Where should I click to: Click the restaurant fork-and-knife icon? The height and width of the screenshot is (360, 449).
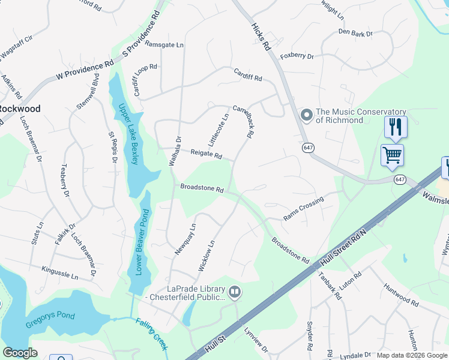(396, 127)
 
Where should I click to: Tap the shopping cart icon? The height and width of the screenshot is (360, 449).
(392, 155)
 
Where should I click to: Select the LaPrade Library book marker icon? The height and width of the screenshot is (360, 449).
(235, 292)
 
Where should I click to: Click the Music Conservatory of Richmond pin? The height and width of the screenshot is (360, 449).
(307, 115)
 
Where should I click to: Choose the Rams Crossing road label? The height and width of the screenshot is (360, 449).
(303, 208)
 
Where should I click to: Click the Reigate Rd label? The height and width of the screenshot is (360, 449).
(206, 155)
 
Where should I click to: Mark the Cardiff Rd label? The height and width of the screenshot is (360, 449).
(248, 74)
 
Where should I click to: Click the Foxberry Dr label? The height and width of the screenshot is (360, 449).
(297, 56)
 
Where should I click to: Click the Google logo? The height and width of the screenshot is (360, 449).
(20, 353)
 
